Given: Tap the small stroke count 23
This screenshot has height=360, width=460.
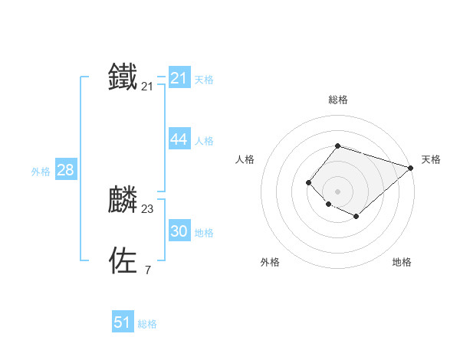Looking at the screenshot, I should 147,209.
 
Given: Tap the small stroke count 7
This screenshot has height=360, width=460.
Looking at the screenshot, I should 147,270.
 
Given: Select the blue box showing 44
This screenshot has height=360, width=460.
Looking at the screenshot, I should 179,139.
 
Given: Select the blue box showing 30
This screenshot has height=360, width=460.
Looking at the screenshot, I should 179,231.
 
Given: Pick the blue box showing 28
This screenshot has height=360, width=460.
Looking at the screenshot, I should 65,170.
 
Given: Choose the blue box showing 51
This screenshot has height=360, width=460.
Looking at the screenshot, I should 123,322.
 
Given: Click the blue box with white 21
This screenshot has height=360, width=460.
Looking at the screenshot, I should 179,78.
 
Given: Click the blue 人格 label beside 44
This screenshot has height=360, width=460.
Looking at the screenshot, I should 204,141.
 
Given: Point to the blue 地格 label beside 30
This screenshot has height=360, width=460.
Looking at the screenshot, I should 204,233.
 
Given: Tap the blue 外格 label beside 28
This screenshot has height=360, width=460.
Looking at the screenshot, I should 41,172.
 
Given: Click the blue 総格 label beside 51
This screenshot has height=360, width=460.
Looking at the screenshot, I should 147,324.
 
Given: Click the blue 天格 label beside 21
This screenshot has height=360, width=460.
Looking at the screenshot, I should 204,80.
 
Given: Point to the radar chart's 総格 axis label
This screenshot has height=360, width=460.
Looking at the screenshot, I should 337,100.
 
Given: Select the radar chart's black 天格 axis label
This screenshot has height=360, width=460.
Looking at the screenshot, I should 431,159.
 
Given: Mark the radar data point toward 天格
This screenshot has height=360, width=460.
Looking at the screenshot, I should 411,168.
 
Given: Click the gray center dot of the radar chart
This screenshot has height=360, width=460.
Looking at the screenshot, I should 337,191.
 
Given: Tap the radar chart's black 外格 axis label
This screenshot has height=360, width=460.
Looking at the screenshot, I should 270,262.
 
